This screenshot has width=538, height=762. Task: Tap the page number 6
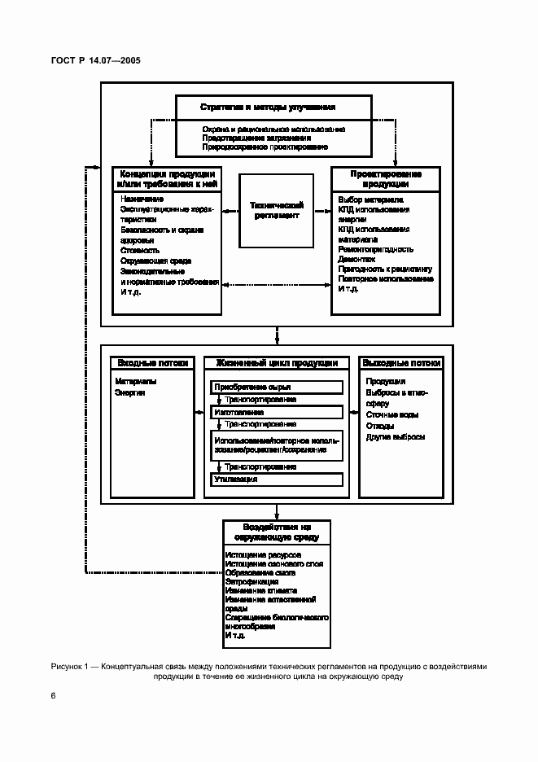tap(54, 695)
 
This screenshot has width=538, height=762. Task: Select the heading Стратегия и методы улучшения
tap(268, 107)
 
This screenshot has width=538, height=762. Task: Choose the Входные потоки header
tap(153, 363)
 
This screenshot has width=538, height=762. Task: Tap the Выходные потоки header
tap(401, 363)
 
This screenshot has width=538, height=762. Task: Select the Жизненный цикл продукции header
tap(277, 363)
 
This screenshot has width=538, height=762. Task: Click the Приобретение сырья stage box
tap(277, 387)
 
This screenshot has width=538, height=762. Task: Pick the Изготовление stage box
tap(277, 412)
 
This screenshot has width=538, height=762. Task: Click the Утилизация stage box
tap(277, 480)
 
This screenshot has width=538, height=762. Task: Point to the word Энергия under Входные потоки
tap(130, 392)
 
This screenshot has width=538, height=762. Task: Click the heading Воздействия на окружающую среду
tap(277, 532)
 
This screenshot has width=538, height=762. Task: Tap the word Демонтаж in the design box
tap(356, 259)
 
